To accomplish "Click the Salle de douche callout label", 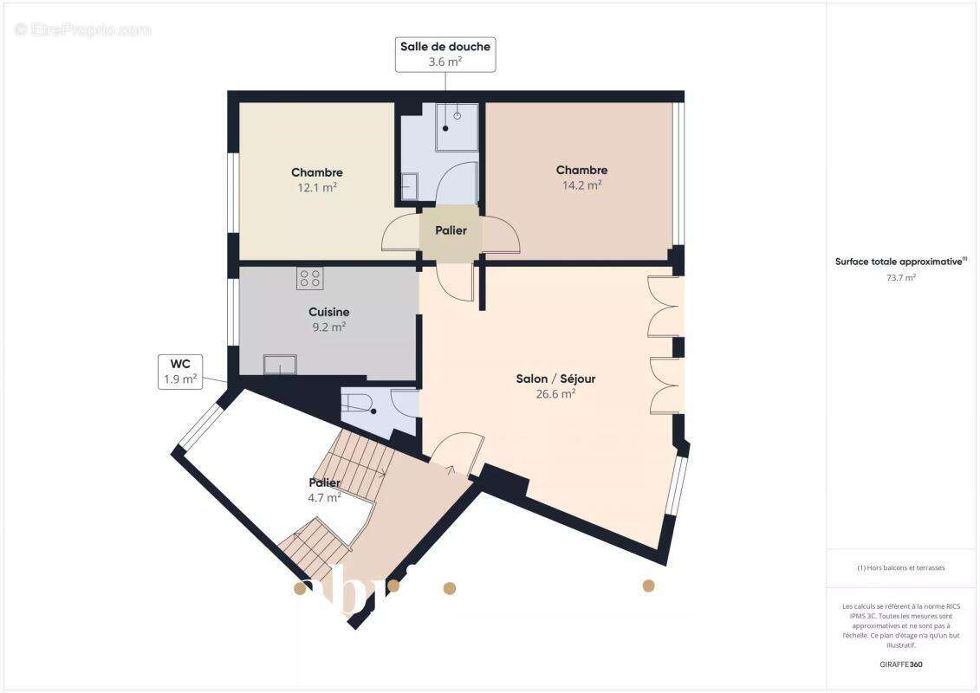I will (x=445, y=54).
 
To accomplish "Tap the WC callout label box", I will (x=180, y=371).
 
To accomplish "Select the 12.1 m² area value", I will (x=317, y=187).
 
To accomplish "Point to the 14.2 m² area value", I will (x=581, y=185).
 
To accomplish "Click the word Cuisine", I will (x=328, y=312).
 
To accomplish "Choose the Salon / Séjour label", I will (x=555, y=379).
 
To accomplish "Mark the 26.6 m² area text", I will (x=555, y=393).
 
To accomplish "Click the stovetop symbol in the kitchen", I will (x=309, y=278).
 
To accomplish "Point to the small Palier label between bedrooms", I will (x=451, y=230).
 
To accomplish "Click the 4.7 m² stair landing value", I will (x=324, y=497).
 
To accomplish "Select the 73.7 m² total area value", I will (x=901, y=278).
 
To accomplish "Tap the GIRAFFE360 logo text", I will (x=901, y=664).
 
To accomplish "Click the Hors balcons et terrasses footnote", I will (x=901, y=568).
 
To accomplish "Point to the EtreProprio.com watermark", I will (x=83, y=29).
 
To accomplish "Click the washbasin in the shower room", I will (x=409, y=185).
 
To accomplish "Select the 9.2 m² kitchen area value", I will (x=328, y=327).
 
